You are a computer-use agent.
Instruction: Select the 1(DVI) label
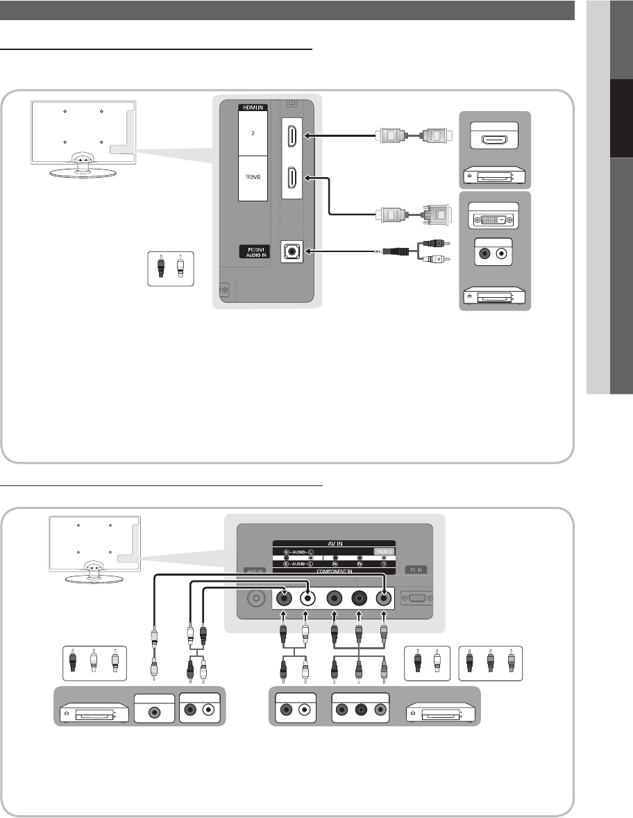pos(253,178)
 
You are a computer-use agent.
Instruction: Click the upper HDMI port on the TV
pos(292,135)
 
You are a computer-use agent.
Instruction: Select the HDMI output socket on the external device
pos(495,140)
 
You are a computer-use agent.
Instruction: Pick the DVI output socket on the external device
pos(495,219)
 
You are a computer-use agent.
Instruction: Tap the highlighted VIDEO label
pos(383,551)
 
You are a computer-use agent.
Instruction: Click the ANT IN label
pos(253,571)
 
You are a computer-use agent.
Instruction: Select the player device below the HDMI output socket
pos(495,176)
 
